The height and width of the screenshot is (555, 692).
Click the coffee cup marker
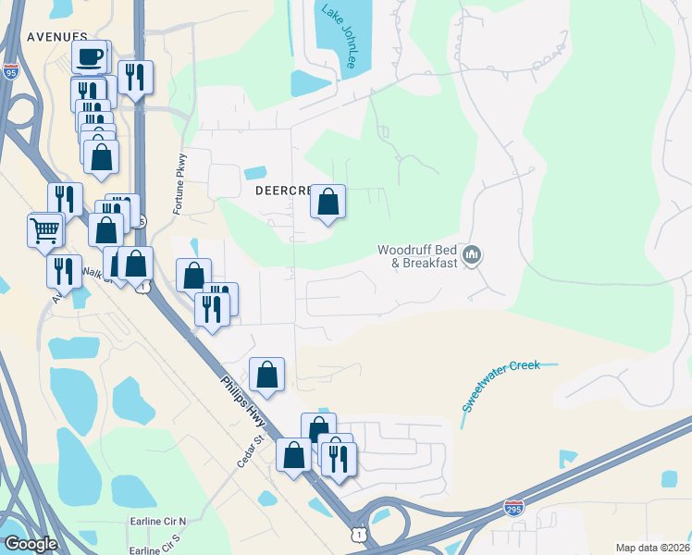(90, 57)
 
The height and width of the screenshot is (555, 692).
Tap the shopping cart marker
(45, 230)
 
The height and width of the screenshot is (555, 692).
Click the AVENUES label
(56, 37)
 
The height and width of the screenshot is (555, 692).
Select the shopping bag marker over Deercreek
(327, 203)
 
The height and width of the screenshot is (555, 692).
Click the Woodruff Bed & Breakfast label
(417, 256)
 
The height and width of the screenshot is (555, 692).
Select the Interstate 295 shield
(515, 508)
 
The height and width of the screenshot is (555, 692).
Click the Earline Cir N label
(157, 522)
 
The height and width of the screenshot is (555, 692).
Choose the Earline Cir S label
(157, 549)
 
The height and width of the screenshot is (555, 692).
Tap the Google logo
(31, 544)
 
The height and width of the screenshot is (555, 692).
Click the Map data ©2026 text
(653, 548)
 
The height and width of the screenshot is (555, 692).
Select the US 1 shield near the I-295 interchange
(358, 534)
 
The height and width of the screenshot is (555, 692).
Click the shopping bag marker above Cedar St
(266, 375)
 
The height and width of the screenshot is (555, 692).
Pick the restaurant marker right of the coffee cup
(136, 79)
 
